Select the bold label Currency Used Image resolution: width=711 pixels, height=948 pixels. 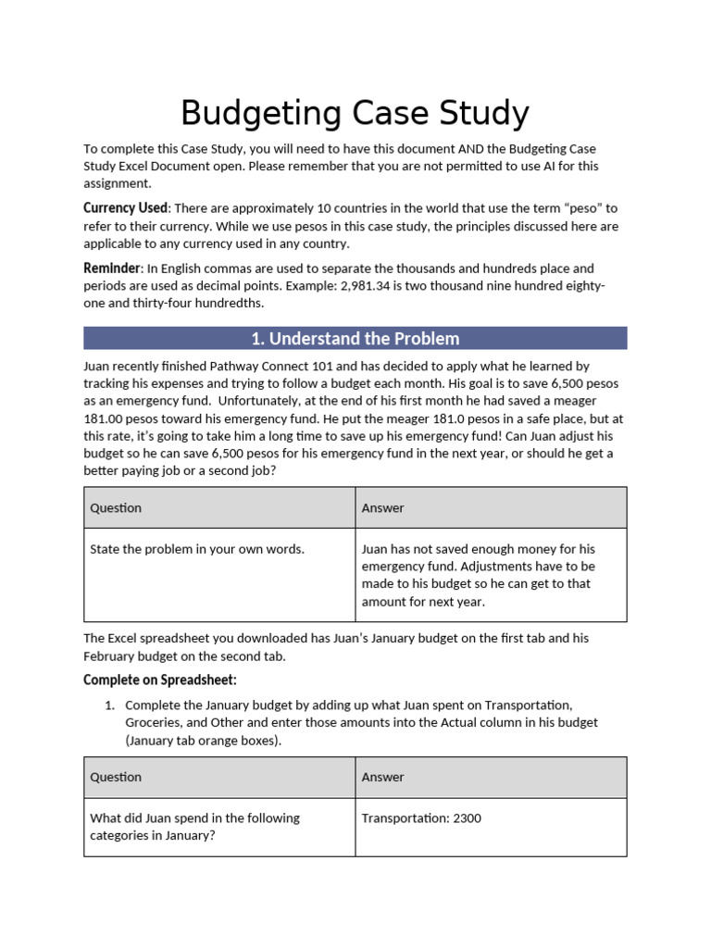126,207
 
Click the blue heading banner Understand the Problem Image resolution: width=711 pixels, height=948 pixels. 355,338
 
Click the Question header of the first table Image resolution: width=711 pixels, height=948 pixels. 116,507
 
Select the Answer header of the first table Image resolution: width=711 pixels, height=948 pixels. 382,507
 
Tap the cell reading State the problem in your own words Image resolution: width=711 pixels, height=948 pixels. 196,549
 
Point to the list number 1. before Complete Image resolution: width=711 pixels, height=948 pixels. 109,705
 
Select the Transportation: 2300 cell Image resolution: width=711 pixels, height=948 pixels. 421,818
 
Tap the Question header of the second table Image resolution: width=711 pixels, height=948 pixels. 116,777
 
